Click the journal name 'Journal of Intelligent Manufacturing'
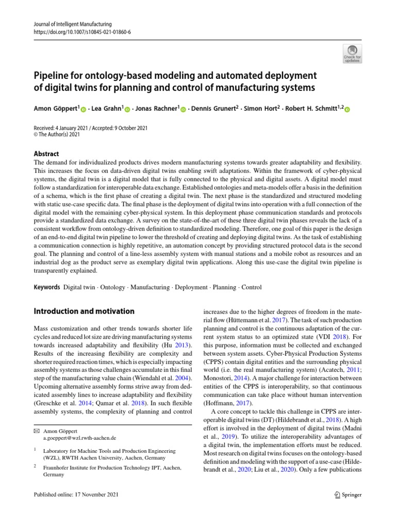click(72, 24)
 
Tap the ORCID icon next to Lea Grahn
click(128, 109)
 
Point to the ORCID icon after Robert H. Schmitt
click(346, 109)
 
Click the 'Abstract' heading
click(46, 154)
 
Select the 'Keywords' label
click(46, 287)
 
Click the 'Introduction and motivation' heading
click(84, 311)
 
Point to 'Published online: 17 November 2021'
click(75, 494)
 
